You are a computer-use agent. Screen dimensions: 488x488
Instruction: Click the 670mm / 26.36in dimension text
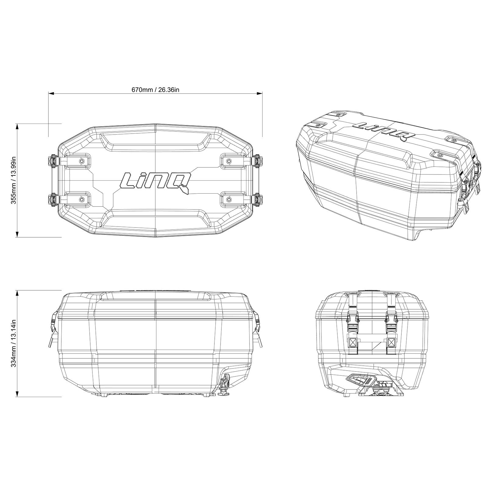[x=155, y=89]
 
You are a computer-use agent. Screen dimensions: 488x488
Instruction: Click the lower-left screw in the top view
[x=81, y=199]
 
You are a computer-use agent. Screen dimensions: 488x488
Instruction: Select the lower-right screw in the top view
[x=229, y=199]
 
